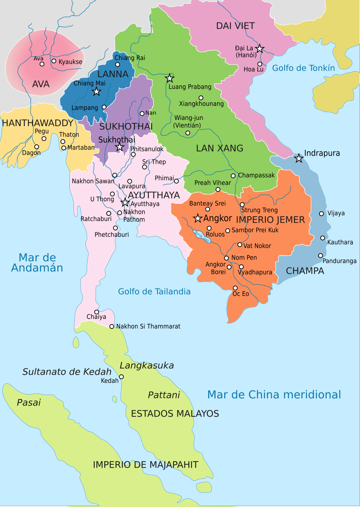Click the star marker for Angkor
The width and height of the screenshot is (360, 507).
[198, 218]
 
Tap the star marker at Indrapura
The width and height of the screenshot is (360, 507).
[298, 158]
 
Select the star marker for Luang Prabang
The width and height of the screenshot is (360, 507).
[169, 78]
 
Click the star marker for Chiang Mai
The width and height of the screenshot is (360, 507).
[96, 91]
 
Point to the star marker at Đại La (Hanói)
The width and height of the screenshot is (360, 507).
[259, 48]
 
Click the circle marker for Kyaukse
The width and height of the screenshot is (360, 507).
[54, 61]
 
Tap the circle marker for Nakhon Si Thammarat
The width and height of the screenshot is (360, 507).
[112, 326]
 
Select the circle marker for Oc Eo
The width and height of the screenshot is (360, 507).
[235, 288]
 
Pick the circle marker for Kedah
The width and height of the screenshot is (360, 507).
[121, 377]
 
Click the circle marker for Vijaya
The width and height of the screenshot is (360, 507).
[321, 214]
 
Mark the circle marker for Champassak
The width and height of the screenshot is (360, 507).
[233, 176]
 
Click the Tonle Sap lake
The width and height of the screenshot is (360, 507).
[201, 236]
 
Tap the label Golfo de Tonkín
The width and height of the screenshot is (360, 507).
[303, 68]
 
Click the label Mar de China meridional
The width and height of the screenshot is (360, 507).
[274, 395]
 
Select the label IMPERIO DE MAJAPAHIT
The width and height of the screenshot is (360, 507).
[145, 465]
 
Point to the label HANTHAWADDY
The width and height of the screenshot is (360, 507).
[37, 123]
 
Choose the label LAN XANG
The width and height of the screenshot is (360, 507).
[219, 148]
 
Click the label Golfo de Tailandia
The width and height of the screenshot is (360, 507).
[154, 292]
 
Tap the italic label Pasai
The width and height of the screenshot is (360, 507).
[28, 402]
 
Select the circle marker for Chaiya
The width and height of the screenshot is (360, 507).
[96, 312]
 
